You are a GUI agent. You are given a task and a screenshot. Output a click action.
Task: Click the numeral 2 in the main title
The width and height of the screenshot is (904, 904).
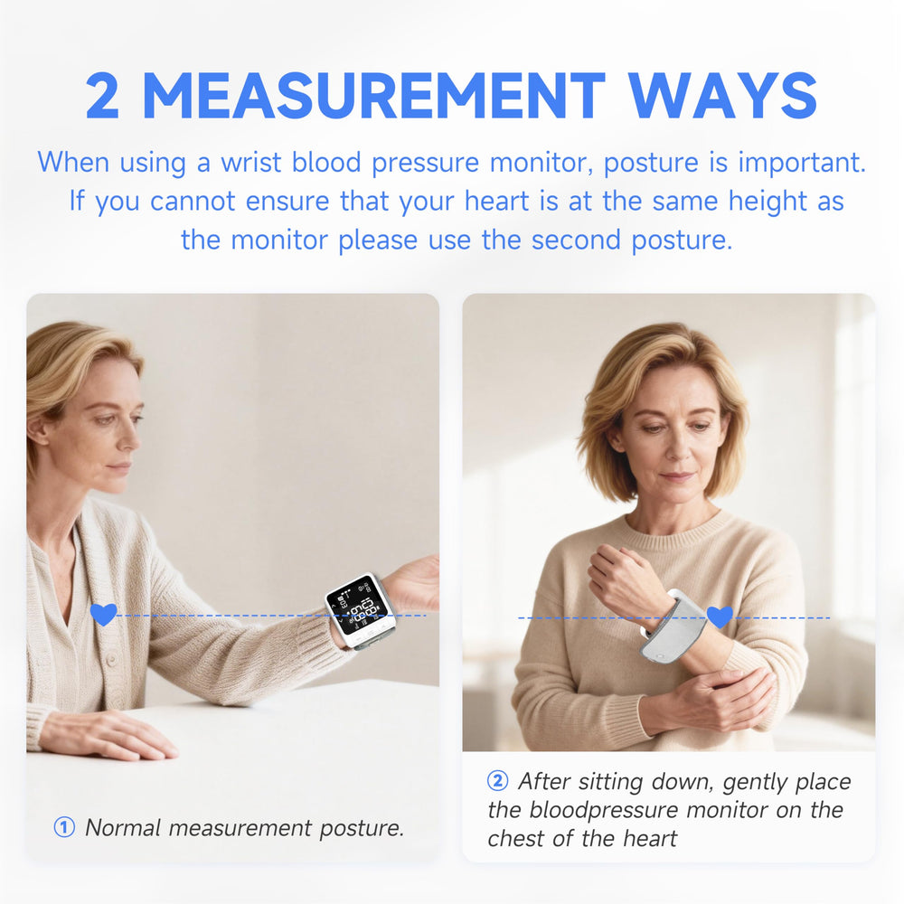pos(103,97)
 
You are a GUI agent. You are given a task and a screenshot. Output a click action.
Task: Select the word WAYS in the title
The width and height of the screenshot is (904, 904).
pos(722,97)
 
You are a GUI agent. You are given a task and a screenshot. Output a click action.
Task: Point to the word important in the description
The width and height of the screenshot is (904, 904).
pos(802,164)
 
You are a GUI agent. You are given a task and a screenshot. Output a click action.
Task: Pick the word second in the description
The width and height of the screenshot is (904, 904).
pos(575,240)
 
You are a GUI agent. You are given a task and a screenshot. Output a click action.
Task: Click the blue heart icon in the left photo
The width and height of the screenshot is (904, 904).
pos(104,615)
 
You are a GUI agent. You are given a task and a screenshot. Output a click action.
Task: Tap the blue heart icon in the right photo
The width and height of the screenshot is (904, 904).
pos(720,617)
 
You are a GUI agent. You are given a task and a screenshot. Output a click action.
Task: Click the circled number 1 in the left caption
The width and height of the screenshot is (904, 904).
pos(64,827)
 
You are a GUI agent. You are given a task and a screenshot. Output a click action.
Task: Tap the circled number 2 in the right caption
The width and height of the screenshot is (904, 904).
pos(497,781)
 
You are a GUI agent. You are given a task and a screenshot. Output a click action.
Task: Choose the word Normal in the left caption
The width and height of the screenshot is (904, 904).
pos(123,827)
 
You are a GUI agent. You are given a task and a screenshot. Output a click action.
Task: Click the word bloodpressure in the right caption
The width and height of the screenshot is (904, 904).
pos(604,810)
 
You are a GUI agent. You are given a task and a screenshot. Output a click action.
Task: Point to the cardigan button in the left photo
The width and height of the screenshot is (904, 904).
pos(112,658)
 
